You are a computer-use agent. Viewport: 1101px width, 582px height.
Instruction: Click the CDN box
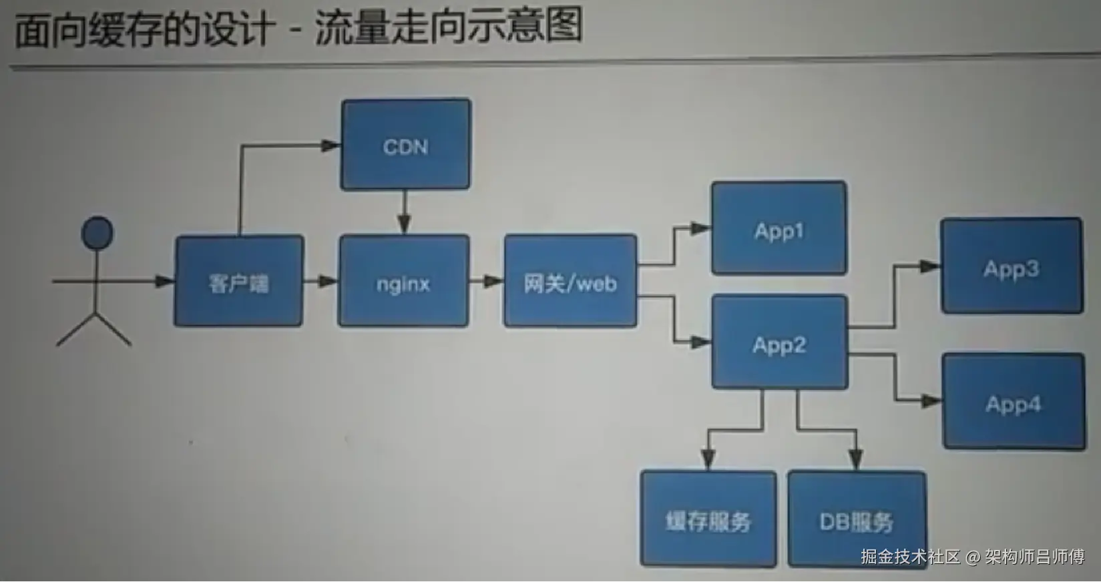405,145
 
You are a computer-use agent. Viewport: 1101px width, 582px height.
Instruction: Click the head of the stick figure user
97,233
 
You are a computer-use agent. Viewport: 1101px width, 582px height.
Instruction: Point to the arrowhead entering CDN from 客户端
331,145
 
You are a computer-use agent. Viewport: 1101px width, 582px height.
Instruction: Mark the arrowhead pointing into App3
929,266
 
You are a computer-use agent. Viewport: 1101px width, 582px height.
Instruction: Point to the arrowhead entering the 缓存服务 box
708,460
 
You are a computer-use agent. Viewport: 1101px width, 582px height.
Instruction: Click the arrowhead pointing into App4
931,401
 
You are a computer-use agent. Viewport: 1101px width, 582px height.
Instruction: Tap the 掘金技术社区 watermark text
910,557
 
